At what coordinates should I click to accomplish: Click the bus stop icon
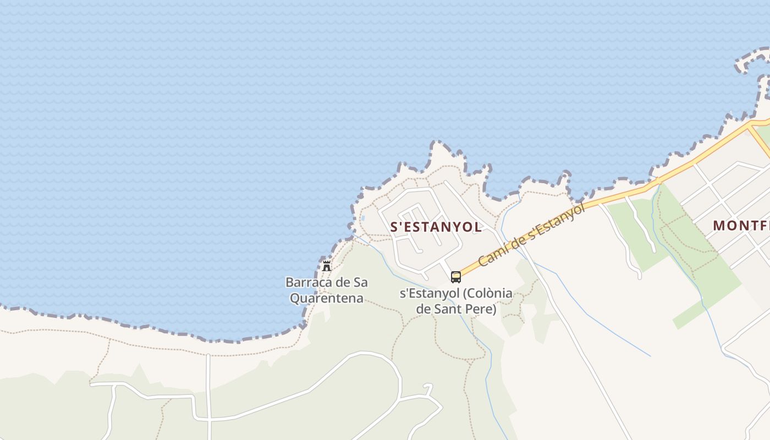tap(456, 277)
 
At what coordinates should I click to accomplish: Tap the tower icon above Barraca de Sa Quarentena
tap(327, 266)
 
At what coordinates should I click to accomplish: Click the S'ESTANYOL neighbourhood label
tap(436, 227)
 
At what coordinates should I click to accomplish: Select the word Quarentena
tap(326, 299)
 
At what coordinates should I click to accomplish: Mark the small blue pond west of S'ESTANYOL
tap(362, 218)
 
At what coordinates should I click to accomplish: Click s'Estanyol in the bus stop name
tap(428, 293)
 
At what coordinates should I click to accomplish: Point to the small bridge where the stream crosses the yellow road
tap(657, 181)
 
